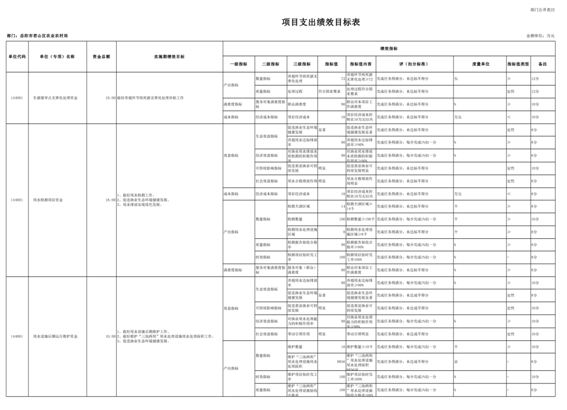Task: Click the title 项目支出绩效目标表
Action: click(x=321, y=23)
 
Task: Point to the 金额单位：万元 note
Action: click(x=540, y=36)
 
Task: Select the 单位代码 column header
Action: click(x=17, y=57)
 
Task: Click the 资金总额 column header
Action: click(x=101, y=57)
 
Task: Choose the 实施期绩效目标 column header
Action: click(x=169, y=57)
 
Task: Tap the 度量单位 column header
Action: click(x=480, y=64)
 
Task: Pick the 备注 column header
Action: click(x=542, y=64)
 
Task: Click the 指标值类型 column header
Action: click(x=518, y=64)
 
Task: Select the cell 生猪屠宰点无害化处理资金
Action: click(x=56, y=98)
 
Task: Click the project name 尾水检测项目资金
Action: click(x=48, y=200)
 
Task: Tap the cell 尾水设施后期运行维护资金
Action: click(x=56, y=336)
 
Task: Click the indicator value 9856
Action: click(x=341, y=361)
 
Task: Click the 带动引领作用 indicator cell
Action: click(x=299, y=334)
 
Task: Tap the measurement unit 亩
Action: click(x=456, y=361)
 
